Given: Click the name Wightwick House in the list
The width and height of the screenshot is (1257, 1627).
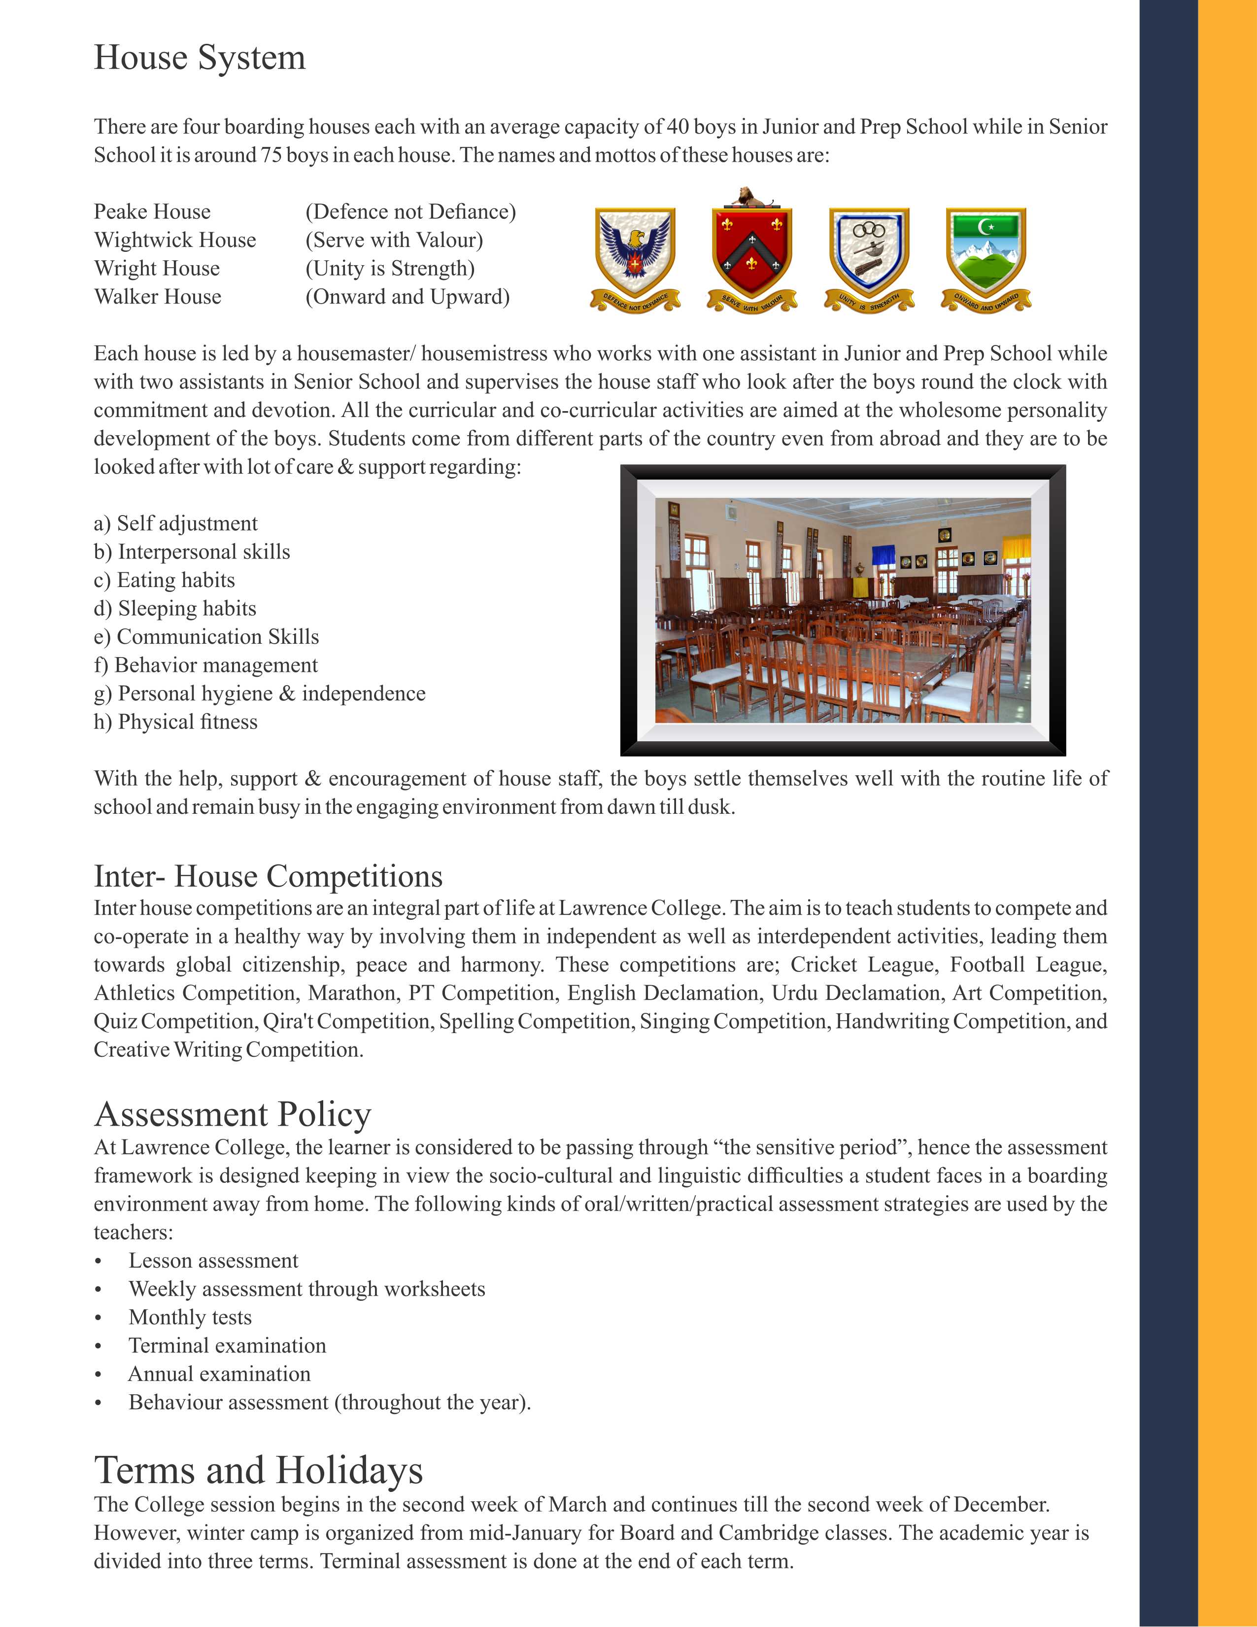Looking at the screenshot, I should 175,240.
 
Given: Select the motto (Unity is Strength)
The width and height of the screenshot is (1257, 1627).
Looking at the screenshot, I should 389,268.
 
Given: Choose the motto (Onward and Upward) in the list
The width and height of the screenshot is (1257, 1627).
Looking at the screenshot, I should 408,297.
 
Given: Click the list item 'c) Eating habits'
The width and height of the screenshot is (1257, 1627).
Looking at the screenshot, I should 165,580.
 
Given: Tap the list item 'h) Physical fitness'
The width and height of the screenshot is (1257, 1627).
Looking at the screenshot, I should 176,722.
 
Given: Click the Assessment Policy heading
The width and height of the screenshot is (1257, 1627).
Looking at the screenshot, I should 233,1114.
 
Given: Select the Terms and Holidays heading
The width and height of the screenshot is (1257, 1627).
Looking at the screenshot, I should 258,1471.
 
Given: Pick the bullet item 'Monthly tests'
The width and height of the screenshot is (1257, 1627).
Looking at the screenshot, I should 190,1317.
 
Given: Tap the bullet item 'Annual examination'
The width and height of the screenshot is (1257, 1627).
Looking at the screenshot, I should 219,1374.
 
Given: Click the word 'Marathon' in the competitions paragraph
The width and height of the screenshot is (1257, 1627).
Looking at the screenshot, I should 351,993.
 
